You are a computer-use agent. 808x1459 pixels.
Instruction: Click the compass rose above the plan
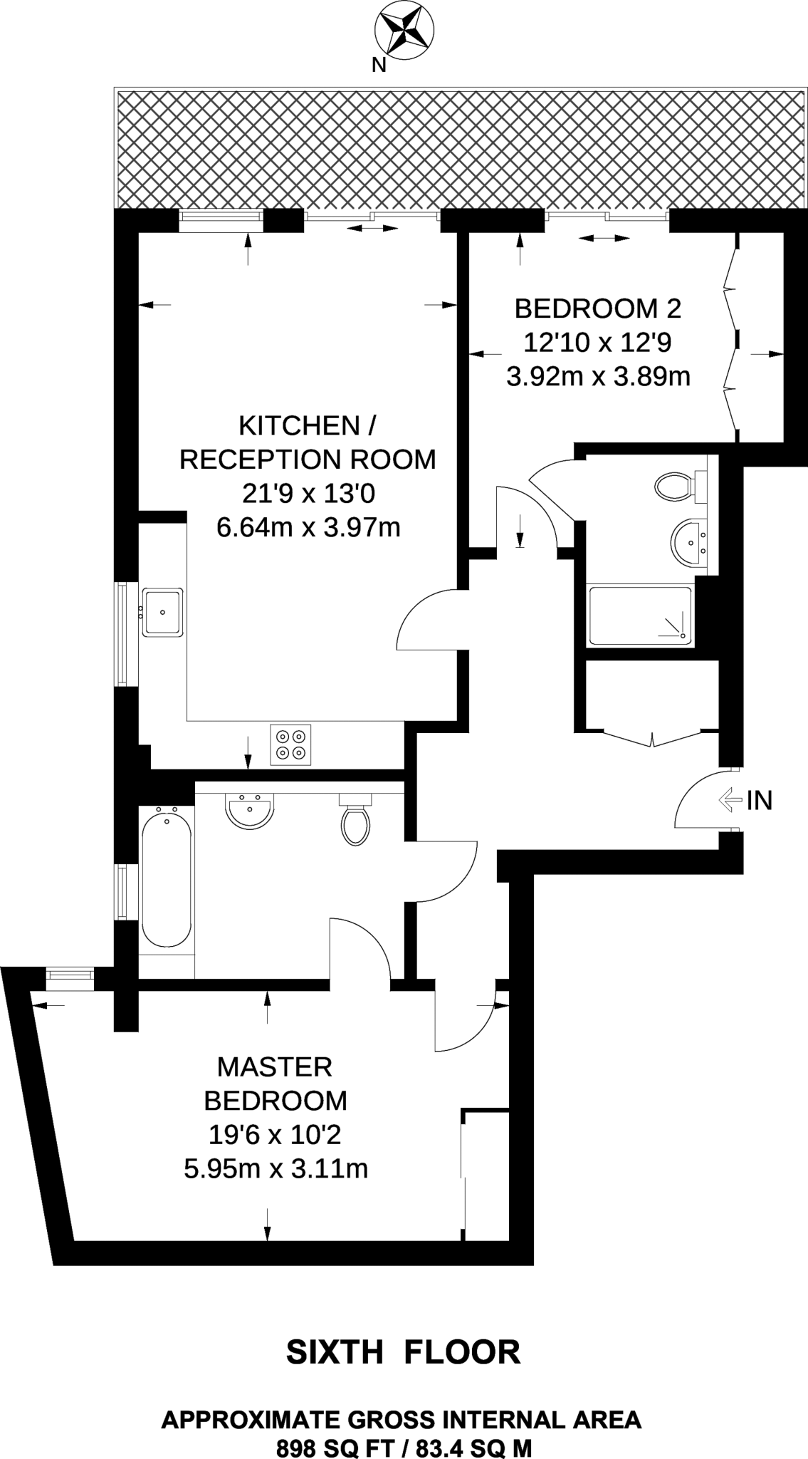pyautogui.click(x=404, y=29)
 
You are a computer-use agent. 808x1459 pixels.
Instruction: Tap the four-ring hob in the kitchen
pyautogui.click(x=291, y=744)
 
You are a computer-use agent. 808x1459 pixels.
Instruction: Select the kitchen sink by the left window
pyautogui.click(x=163, y=611)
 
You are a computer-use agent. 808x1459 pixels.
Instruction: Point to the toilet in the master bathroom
pyautogui.click(x=356, y=819)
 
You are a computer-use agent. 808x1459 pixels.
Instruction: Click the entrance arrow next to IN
pyautogui.click(x=730, y=800)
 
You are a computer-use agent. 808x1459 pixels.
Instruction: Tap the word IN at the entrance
pyautogui.click(x=760, y=801)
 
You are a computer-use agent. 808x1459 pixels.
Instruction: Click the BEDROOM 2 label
pyautogui.click(x=598, y=309)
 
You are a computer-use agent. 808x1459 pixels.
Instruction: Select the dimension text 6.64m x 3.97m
pyautogui.click(x=308, y=528)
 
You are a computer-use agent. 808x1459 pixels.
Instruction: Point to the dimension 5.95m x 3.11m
pyautogui.click(x=276, y=1169)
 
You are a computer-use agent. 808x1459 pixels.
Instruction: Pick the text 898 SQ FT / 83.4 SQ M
pyautogui.click(x=404, y=1442)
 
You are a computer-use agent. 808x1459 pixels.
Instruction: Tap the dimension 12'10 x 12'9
pyautogui.click(x=598, y=343)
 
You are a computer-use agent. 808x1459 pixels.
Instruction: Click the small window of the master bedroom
pyautogui.click(x=69, y=978)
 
